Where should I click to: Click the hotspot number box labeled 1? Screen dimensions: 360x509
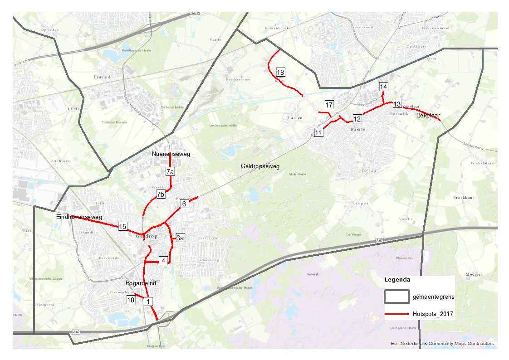coord(148,301)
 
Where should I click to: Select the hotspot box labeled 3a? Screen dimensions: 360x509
coord(180,238)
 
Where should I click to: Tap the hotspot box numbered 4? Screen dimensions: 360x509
coord(163,260)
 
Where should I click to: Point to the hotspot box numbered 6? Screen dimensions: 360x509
coord(184,204)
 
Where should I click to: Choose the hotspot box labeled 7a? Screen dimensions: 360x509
coord(170,172)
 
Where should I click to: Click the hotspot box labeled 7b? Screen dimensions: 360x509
coord(161,195)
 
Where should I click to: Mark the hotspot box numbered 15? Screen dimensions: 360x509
coord(122,226)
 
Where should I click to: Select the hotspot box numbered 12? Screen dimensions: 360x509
coord(357,119)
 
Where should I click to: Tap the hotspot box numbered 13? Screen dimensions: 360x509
coord(397,103)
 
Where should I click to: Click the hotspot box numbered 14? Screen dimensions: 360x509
coord(384,87)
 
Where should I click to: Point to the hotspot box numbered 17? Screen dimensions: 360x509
coord(329,105)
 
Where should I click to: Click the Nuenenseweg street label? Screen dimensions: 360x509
coord(171,154)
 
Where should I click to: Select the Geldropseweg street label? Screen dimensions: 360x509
coord(260,166)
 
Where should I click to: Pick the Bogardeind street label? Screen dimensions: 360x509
coord(141,283)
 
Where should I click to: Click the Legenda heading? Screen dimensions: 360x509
coord(397,280)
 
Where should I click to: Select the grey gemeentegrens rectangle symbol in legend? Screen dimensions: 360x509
coord(396,297)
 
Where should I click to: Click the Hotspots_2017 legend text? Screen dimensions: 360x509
coord(433,314)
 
